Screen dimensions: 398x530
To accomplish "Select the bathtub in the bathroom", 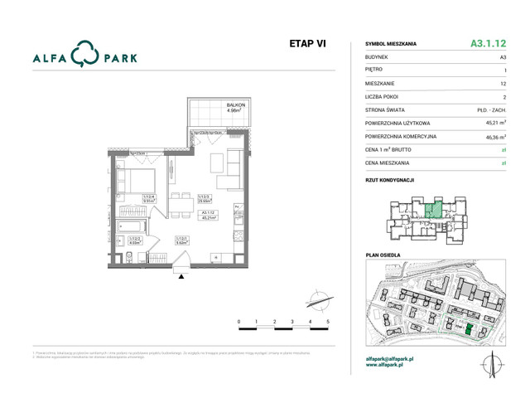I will [130, 225].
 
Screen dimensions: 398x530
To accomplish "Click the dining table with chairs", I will [181, 205].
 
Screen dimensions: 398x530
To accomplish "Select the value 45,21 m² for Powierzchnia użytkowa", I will [496, 122].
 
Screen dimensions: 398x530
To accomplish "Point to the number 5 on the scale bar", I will [328, 321].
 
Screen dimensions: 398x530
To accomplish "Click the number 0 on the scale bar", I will [238, 321].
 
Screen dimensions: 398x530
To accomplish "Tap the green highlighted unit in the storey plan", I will [432, 210].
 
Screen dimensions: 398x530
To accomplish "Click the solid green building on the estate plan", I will [468, 331].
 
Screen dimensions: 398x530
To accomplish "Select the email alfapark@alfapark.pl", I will [390, 358].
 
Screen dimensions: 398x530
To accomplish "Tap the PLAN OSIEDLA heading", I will [383, 255].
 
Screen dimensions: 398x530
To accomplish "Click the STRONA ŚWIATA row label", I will [386, 109].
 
